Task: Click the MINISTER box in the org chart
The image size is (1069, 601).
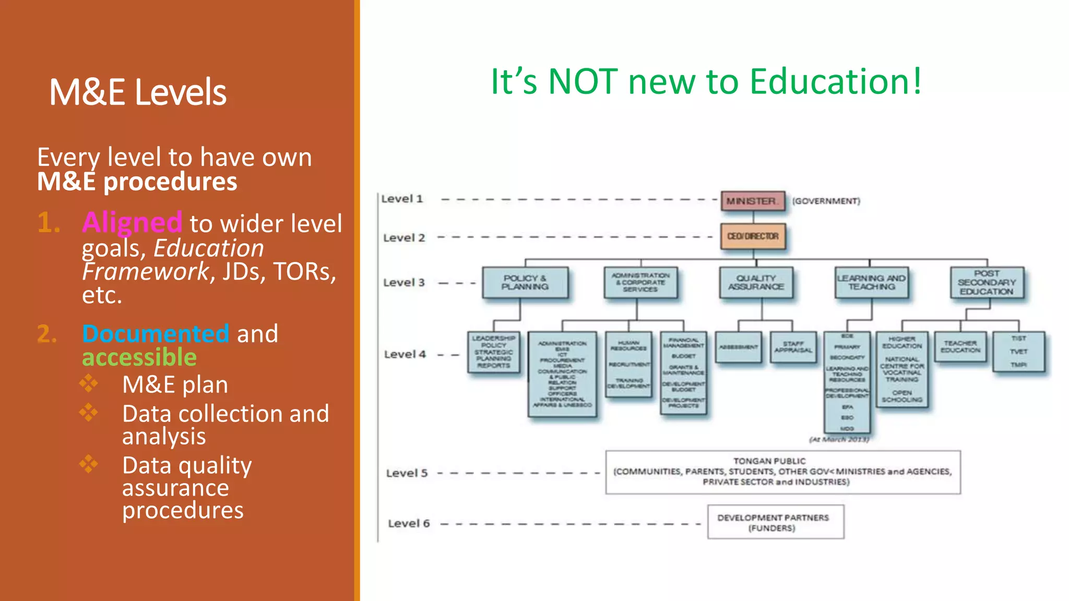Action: point(753,201)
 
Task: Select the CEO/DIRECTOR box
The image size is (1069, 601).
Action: point(753,236)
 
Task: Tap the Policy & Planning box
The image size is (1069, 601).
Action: point(525,283)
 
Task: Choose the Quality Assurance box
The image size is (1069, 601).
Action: point(756,283)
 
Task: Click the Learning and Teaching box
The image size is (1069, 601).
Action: point(871,283)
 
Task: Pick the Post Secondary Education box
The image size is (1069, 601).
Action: point(987,283)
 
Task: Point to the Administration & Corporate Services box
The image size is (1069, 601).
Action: point(640,283)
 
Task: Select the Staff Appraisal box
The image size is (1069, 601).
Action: point(793,347)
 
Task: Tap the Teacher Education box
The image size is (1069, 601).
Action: point(960,347)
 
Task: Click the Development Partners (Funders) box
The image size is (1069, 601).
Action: point(776,522)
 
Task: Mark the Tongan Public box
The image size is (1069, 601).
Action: point(783,472)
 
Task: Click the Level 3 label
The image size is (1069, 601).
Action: point(404,283)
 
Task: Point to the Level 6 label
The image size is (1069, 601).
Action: point(409,523)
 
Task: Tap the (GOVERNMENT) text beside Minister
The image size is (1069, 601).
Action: point(826,201)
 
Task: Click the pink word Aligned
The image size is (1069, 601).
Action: point(132,222)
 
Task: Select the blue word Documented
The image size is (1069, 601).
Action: point(156,334)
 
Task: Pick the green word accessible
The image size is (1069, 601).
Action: point(139,357)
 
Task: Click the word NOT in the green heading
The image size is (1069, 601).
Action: point(583,82)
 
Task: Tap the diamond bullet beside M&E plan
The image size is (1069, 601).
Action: point(89,383)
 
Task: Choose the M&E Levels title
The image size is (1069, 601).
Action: point(138,92)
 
